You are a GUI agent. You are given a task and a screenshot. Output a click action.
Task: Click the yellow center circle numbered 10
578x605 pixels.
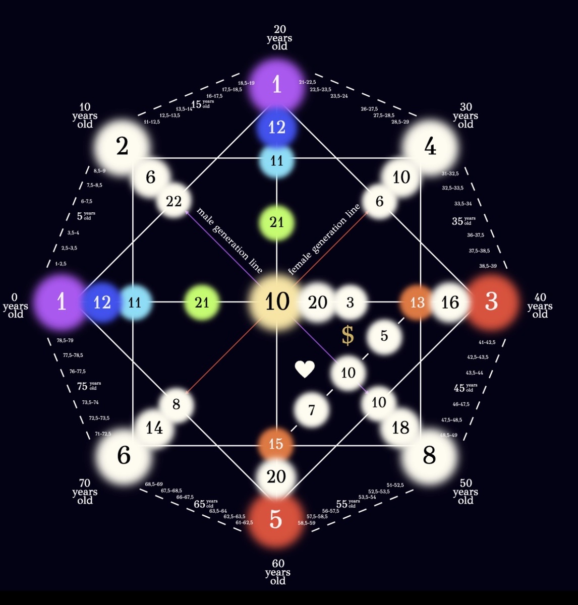click(277, 302)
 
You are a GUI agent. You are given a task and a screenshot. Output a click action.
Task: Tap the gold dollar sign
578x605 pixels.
click(348, 335)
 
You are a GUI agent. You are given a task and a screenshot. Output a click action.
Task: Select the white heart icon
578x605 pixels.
click(305, 369)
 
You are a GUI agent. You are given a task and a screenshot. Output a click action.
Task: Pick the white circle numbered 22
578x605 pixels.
click(174, 202)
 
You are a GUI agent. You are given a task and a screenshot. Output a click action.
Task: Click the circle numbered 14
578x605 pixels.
click(154, 428)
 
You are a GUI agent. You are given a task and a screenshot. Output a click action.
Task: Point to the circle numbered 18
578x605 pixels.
click(401, 428)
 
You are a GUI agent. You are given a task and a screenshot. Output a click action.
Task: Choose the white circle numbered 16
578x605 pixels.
click(450, 302)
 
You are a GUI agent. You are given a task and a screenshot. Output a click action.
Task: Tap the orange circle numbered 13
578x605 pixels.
click(417, 302)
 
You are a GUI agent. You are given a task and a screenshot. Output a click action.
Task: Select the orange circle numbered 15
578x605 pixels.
click(276, 444)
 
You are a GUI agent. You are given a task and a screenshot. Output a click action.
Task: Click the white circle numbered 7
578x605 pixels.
click(312, 410)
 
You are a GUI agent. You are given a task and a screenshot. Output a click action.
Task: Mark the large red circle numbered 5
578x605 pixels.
click(276, 519)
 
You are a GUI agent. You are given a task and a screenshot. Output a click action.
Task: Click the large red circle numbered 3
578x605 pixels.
click(491, 301)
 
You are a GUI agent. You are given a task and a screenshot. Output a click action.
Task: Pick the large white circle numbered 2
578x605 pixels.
click(122, 147)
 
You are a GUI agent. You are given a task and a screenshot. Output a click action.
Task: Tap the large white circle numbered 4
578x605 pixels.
click(430, 147)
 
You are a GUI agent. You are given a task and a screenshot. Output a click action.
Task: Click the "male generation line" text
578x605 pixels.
click(229, 240)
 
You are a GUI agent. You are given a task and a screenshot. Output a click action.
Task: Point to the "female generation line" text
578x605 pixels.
click(324, 239)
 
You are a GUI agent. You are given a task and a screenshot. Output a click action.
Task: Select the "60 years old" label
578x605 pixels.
click(278, 572)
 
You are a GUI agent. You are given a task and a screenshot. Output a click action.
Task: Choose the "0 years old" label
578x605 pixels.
click(15, 306)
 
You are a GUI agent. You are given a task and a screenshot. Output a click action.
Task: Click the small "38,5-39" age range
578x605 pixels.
click(488, 266)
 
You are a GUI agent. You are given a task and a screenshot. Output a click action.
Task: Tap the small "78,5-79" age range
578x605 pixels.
click(65, 340)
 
